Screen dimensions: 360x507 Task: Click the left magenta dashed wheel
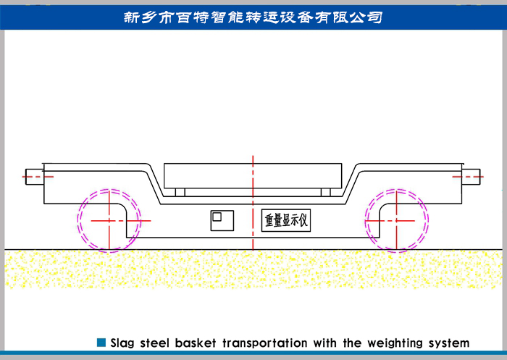[x=107, y=220]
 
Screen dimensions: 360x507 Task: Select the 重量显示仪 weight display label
[x=285, y=220]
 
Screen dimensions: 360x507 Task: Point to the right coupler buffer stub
[x=472, y=175]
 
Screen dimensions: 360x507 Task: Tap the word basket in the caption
[x=197, y=343]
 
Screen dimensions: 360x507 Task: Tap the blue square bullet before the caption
[x=101, y=342]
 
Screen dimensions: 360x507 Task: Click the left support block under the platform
[x=180, y=192]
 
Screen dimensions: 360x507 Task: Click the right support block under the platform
[x=325, y=192]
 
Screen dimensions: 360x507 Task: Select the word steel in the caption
[x=159, y=343]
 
